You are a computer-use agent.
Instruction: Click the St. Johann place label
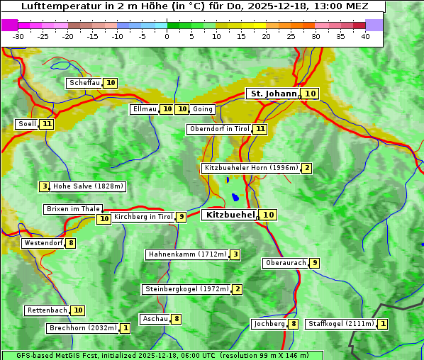(273, 94)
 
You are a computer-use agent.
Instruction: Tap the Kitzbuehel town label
(230, 215)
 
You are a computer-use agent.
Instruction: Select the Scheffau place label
(84, 83)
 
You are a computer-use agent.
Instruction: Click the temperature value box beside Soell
(47, 124)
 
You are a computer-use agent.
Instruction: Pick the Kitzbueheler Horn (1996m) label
(251, 168)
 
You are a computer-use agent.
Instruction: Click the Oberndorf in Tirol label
(220, 129)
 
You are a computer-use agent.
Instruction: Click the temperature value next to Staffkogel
(383, 324)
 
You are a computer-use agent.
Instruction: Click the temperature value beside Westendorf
(71, 243)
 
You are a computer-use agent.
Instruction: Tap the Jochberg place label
(269, 324)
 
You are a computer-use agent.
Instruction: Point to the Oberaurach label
(285, 263)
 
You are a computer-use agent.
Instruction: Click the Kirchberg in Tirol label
(143, 217)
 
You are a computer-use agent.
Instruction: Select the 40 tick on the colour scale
(365, 36)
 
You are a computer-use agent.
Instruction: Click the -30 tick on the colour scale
(18, 36)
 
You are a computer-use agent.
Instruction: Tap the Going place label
(203, 109)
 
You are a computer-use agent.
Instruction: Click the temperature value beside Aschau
(177, 319)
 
